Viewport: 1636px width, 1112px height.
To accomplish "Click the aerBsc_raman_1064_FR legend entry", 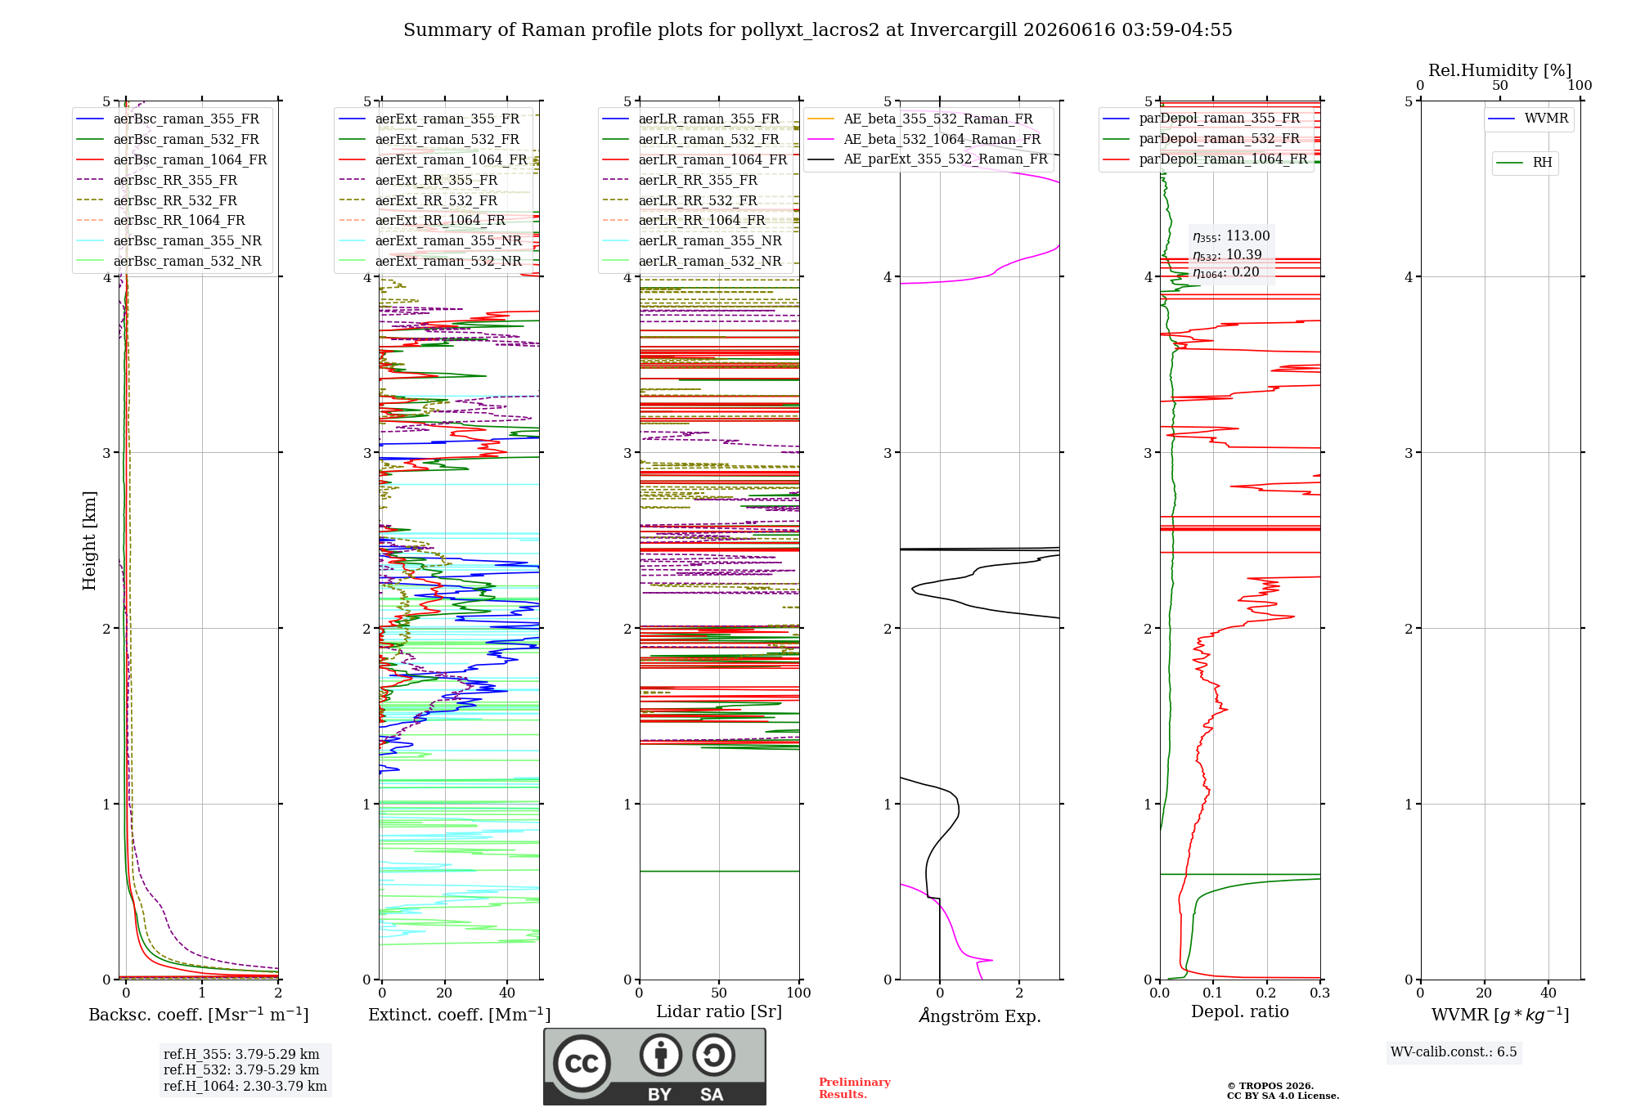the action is [172, 159].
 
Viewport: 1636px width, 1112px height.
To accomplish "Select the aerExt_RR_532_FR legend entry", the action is [418, 200].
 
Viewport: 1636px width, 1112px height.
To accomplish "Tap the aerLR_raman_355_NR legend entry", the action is [692, 240].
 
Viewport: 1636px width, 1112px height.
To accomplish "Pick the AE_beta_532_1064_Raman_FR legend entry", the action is [924, 139].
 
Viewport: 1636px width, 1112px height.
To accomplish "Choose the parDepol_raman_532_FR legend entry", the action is [1202, 139].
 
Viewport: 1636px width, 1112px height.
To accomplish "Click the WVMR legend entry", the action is [1529, 119].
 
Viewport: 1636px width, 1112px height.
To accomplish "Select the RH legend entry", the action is [1525, 163].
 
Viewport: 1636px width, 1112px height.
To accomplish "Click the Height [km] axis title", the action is [89, 540].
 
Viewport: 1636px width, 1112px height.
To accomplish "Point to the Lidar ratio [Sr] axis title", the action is [719, 1011].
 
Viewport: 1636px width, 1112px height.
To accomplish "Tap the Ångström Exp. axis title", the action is [980, 1016].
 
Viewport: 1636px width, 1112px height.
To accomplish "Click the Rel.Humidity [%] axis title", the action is [1500, 70].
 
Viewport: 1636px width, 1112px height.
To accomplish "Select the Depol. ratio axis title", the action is [1240, 1011].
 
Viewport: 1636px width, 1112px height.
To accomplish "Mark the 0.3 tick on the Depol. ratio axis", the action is [1319, 993].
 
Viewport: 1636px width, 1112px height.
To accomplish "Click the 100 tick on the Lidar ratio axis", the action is [798, 993].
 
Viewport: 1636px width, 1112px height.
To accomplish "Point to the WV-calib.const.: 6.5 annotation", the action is [1454, 1051].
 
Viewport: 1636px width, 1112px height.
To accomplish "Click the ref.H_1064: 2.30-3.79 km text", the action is [245, 1086].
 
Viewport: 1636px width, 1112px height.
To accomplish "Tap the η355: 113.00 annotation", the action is [1231, 236].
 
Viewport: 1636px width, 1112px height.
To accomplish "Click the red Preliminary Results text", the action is [855, 1088].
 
